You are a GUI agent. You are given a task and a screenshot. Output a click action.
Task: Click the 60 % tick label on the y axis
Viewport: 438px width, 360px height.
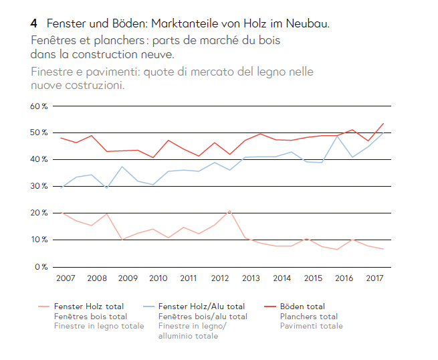coord(38,106)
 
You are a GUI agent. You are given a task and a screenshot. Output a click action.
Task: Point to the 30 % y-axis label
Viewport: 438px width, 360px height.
coord(38,187)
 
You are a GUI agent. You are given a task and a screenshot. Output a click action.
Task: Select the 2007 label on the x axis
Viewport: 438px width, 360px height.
coord(65,278)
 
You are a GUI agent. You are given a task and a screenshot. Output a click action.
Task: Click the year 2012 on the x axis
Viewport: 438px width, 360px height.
coord(219,278)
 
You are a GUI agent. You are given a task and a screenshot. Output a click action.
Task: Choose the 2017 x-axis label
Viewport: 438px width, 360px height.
coord(374,278)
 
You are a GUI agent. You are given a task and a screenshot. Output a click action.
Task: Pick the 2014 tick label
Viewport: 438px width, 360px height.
coord(282,278)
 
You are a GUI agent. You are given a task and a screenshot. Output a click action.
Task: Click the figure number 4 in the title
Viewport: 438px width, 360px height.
coord(33,24)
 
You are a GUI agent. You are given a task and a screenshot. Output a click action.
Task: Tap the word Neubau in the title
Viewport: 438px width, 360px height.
coord(308,24)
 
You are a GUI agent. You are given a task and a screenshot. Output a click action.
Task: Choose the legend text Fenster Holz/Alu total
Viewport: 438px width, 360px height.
coord(201,306)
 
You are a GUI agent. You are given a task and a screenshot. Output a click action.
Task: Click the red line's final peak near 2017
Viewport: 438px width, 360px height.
coord(382,123)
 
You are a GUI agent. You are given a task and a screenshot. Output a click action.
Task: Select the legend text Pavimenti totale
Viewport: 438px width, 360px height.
coord(311,326)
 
